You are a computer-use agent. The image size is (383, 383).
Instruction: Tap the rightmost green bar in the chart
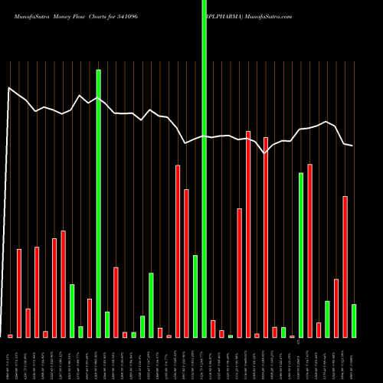(x=353, y=320)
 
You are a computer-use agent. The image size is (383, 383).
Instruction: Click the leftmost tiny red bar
(x=10, y=336)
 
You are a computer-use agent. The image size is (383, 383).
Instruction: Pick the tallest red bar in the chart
(x=248, y=234)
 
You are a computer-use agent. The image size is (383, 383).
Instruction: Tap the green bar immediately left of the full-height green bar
(x=195, y=296)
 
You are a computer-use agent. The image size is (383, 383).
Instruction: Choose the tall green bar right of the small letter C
(x=301, y=255)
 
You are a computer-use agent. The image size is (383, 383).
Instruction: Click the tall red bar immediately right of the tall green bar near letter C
(x=309, y=250)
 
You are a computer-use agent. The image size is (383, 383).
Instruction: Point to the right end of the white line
(x=352, y=146)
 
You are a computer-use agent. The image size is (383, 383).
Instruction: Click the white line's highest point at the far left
(x=9, y=88)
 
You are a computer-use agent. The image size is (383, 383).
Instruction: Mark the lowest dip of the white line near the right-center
(x=265, y=153)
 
